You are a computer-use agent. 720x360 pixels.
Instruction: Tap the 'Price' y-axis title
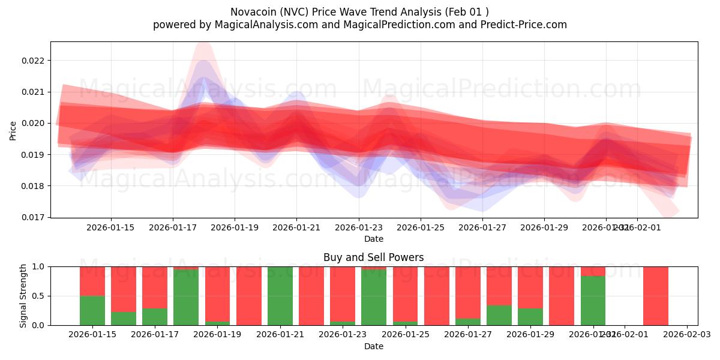(x=13, y=130)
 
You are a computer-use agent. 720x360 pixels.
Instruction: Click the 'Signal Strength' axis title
(x=23, y=296)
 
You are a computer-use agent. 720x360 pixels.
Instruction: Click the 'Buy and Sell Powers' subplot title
(x=373, y=257)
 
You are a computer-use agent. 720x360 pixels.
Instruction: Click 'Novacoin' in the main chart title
(x=252, y=12)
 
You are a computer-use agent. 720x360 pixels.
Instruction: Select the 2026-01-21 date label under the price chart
(x=296, y=228)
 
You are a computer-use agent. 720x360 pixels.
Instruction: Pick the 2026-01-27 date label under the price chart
(x=482, y=228)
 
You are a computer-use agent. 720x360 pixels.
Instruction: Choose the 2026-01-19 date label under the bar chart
(x=217, y=335)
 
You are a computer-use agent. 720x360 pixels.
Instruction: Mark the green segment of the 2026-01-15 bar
(x=92, y=310)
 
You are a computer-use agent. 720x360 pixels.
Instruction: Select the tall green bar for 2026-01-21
(x=280, y=296)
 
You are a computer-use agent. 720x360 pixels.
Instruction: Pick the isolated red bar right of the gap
(x=656, y=296)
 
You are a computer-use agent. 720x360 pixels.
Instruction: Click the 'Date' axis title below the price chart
(x=373, y=239)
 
